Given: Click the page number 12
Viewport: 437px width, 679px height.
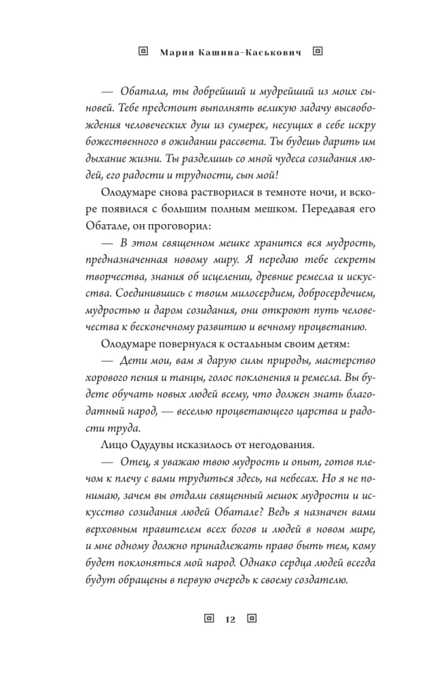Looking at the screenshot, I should point(229,619).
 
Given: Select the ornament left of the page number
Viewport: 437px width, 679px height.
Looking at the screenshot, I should point(209,618).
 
